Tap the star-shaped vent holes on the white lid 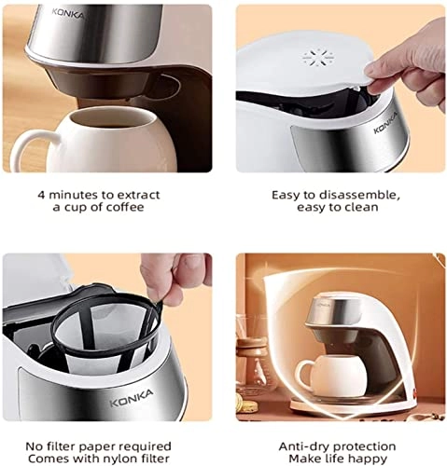(x=313, y=57)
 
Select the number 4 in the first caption (x=41, y=194)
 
